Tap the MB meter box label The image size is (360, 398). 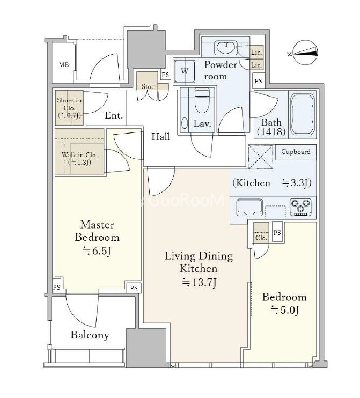pos(64,65)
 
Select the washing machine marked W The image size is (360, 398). pos(185,71)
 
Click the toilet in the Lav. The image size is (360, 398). pos(202,100)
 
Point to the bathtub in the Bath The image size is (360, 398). pos(303,115)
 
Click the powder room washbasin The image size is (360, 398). pos(225,47)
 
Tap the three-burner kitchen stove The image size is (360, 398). pos(300,207)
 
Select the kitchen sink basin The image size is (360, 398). pos(249,207)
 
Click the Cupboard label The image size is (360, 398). pos(296,152)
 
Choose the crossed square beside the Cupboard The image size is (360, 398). pos(261,157)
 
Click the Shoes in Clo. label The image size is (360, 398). pos(69,108)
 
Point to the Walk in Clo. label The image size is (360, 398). pos(79,158)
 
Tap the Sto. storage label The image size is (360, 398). pos(147,86)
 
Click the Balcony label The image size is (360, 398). pos(90,335)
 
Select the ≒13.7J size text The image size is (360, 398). pos(199,283)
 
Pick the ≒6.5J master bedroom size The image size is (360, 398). pos(97,251)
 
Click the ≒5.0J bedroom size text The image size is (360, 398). pos(284,310)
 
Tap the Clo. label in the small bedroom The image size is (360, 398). pos(261,238)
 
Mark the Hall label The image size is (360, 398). pos(160,137)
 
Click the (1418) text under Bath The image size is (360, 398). pos(271,131)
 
